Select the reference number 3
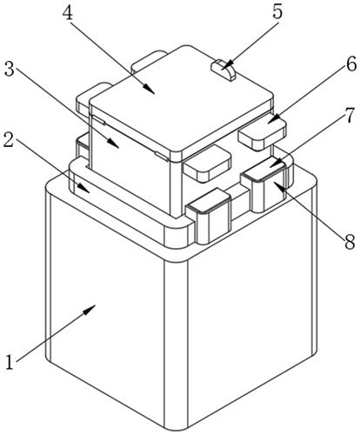coord(10,70)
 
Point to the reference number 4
coord(68,13)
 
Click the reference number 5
coord(277,12)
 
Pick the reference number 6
coord(351,64)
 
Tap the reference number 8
coord(350,242)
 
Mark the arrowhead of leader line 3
coord(114,144)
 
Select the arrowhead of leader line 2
coord(84,188)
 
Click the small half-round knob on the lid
coord(223,70)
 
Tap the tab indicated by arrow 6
coord(263,134)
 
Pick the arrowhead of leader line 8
coord(276,185)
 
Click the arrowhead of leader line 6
coord(273,119)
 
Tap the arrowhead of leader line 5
coord(227,64)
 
